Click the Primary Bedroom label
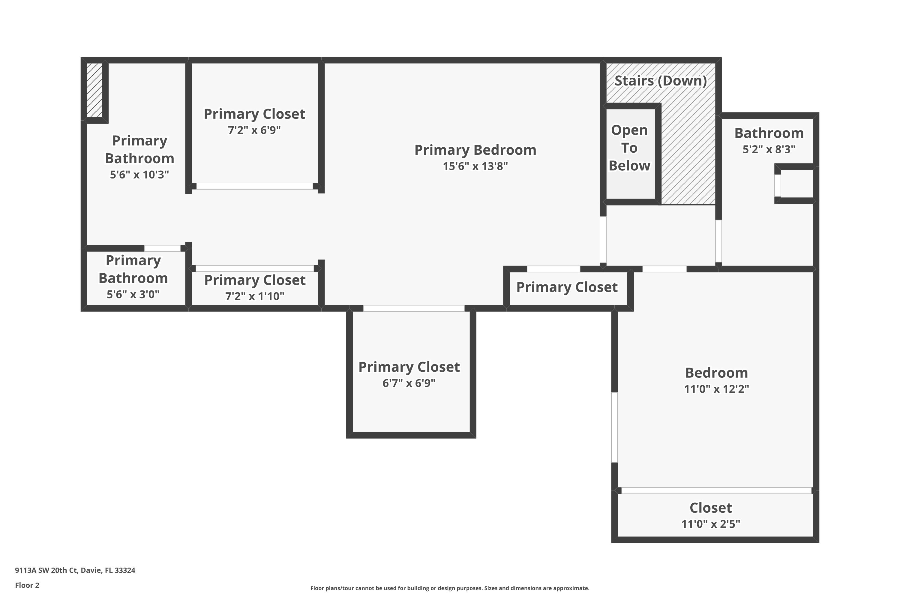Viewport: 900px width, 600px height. click(475, 150)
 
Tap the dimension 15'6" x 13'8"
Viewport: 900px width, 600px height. click(475, 166)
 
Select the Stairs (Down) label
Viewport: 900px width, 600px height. click(661, 81)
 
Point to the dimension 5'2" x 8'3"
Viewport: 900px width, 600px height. click(769, 149)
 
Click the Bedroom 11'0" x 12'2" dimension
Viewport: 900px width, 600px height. click(716, 389)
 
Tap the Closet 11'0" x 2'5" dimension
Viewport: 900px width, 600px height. click(711, 524)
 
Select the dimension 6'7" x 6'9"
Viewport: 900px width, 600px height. click(409, 383)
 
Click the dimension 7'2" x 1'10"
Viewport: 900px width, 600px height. click(254, 296)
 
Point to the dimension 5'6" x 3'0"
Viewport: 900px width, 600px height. click(133, 294)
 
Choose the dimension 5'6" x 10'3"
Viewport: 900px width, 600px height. click(139, 175)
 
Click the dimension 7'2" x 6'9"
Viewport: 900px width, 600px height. click(254, 130)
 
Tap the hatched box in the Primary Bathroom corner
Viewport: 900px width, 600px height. click(94, 90)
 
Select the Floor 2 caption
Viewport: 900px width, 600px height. click(27, 585)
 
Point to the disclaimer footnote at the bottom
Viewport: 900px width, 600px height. click(450, 588)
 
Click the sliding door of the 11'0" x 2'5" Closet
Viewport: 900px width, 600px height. click(716, 490)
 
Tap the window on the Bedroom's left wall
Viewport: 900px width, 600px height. click(614, 427)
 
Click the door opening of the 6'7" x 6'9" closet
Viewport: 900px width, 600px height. click(414, 308)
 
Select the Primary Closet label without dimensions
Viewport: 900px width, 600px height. click(567, 287)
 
